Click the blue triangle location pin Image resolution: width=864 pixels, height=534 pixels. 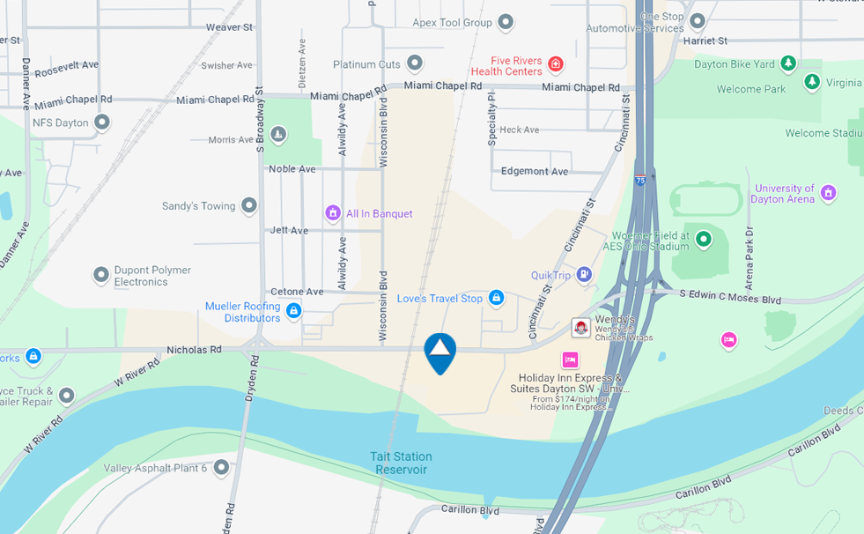pyautogui.click(x=439, y=351)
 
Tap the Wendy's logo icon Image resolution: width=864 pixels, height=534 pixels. pyautogui.click(x=581, y=328)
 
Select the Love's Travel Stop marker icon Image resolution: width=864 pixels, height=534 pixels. pyautogui.click(x=496, y=299)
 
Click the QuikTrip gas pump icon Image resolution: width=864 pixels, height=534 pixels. pyautogui.click(x=584, y=275)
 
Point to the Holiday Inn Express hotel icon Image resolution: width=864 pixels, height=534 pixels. pyautogui.click(x=570, y=360)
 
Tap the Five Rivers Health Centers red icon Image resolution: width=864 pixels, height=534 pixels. pyautogui.click(x=555, y=64)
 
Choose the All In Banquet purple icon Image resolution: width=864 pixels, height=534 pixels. pyautogui.click(x=333, y=213)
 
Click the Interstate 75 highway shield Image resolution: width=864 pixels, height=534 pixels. pyautogui.click(x=640, y=179)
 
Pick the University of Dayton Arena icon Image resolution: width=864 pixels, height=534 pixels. pyautogui.click(x=828, y=193)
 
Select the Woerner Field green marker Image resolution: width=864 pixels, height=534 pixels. pyautogui.click(x=703, y=239)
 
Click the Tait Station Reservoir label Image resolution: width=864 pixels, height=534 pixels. pyautogui.click(x=401, y=463)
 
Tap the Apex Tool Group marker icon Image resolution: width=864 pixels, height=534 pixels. pyautogui.click(x=506, y=22)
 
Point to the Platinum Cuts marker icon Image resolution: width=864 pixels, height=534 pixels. pyautogui.click(x=415, y=63)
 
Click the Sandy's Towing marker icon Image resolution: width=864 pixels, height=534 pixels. pyautogui.click(x=249, y=205)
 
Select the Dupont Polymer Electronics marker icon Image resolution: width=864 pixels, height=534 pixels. pyautogui.click(x=101, y=275)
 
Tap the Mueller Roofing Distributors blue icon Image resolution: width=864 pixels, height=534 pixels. pyautogui.click(x=293, y=311)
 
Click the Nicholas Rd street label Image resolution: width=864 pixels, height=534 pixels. pyautogui.click(x=194, y=350)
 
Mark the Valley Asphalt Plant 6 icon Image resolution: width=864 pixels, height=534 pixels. pyautogui.click(x=221, y=467)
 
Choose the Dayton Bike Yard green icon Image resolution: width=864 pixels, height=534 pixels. pyautogui.click(x=788, y=63)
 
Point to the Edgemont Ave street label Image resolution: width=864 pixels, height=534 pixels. pyautogui.click(x=535, y=171)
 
